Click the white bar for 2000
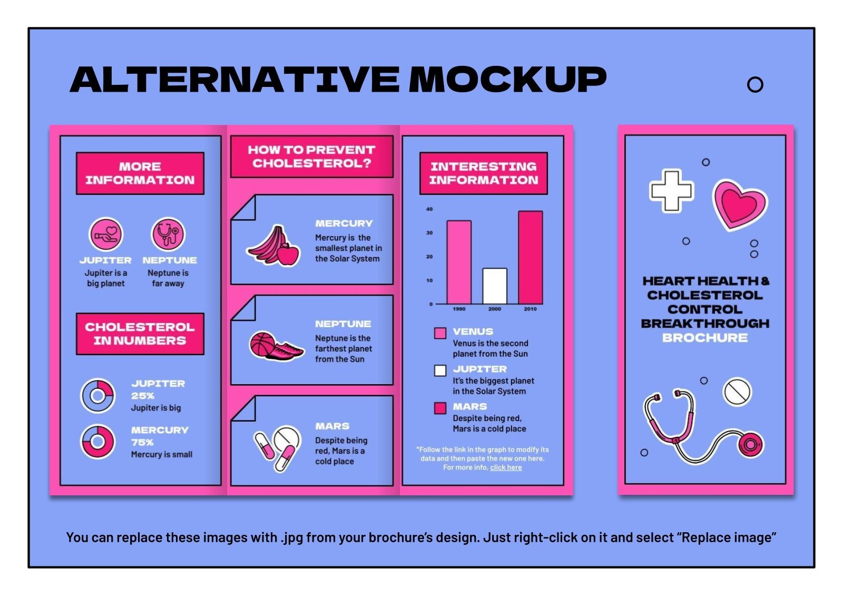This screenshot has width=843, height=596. (x=495, y=286)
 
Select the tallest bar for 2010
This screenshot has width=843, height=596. (x=530, y=258)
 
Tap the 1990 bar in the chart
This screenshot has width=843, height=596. (x=459, y=262)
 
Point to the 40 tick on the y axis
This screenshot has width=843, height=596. (x=429, y=209)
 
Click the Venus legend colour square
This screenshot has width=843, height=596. (x=440, y=333)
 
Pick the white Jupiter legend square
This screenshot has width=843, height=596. (x=440, y=370)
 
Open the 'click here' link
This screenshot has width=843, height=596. (x=506, y=467)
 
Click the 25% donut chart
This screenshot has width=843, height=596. (x=97, y=395)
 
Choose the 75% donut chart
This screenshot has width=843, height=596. (x=97, y=441)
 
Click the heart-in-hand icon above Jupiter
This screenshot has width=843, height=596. (x=106, y=234)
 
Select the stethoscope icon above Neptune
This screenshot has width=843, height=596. (x=169, y=234)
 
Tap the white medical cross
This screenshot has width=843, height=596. (x=671, y=190)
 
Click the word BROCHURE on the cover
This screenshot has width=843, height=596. (x=704, y=338)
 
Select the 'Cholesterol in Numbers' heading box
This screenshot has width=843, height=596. (x=140, y=334)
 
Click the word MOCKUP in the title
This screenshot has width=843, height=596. (x=507, y=80)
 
